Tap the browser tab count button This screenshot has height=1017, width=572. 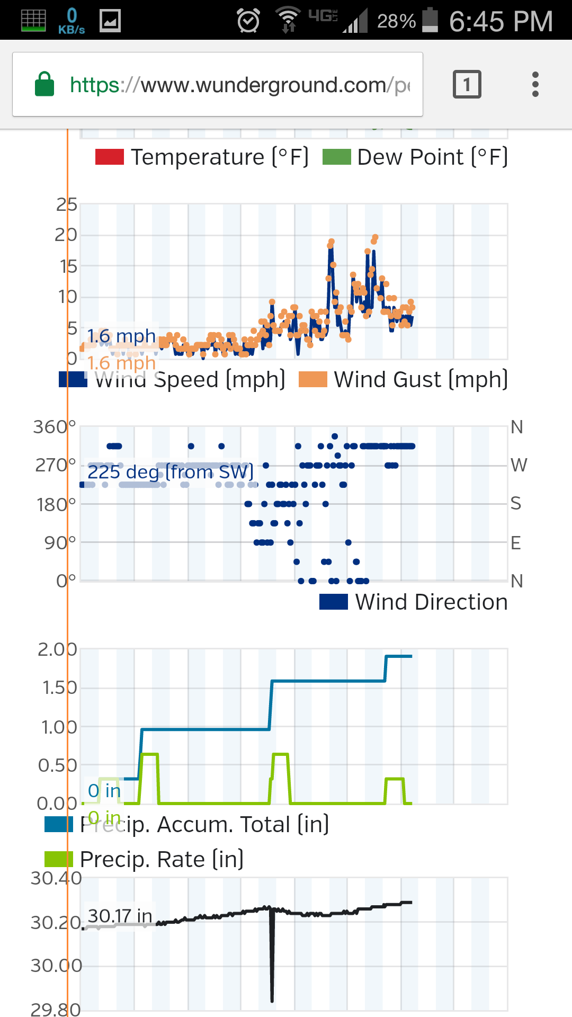click(x=467, y=84)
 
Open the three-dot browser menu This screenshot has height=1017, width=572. click(x=535, y=84)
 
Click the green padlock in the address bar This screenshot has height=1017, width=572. click(x=44, y=84)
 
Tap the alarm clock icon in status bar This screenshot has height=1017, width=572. click(x=248, y=21)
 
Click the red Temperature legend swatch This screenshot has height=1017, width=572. click(x=109, y=157)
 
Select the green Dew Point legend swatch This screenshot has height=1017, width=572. click(x=337, y=157)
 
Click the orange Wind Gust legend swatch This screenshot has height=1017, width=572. click(x=313, y=380)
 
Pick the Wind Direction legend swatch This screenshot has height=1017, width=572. click(x=334, y=602)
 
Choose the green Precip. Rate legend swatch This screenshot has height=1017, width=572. click(x=58, y=859)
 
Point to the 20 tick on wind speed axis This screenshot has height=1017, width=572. click(x=66, y=235)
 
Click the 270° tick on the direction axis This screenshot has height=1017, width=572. click(x=56, y=465)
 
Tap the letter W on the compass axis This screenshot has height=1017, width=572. click(x=519, y=465)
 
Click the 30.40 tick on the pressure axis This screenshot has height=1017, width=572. click(x=56, y=878)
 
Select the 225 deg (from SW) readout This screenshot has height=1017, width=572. click(x=170, y=471)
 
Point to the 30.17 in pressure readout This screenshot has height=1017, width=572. click(x=120, y=916)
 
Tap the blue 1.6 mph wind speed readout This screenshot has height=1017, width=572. click(x=121, y=336)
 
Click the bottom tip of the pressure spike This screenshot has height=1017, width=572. click(x=272, y=1000)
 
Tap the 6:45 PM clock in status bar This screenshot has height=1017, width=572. click(x=501, y=21)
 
